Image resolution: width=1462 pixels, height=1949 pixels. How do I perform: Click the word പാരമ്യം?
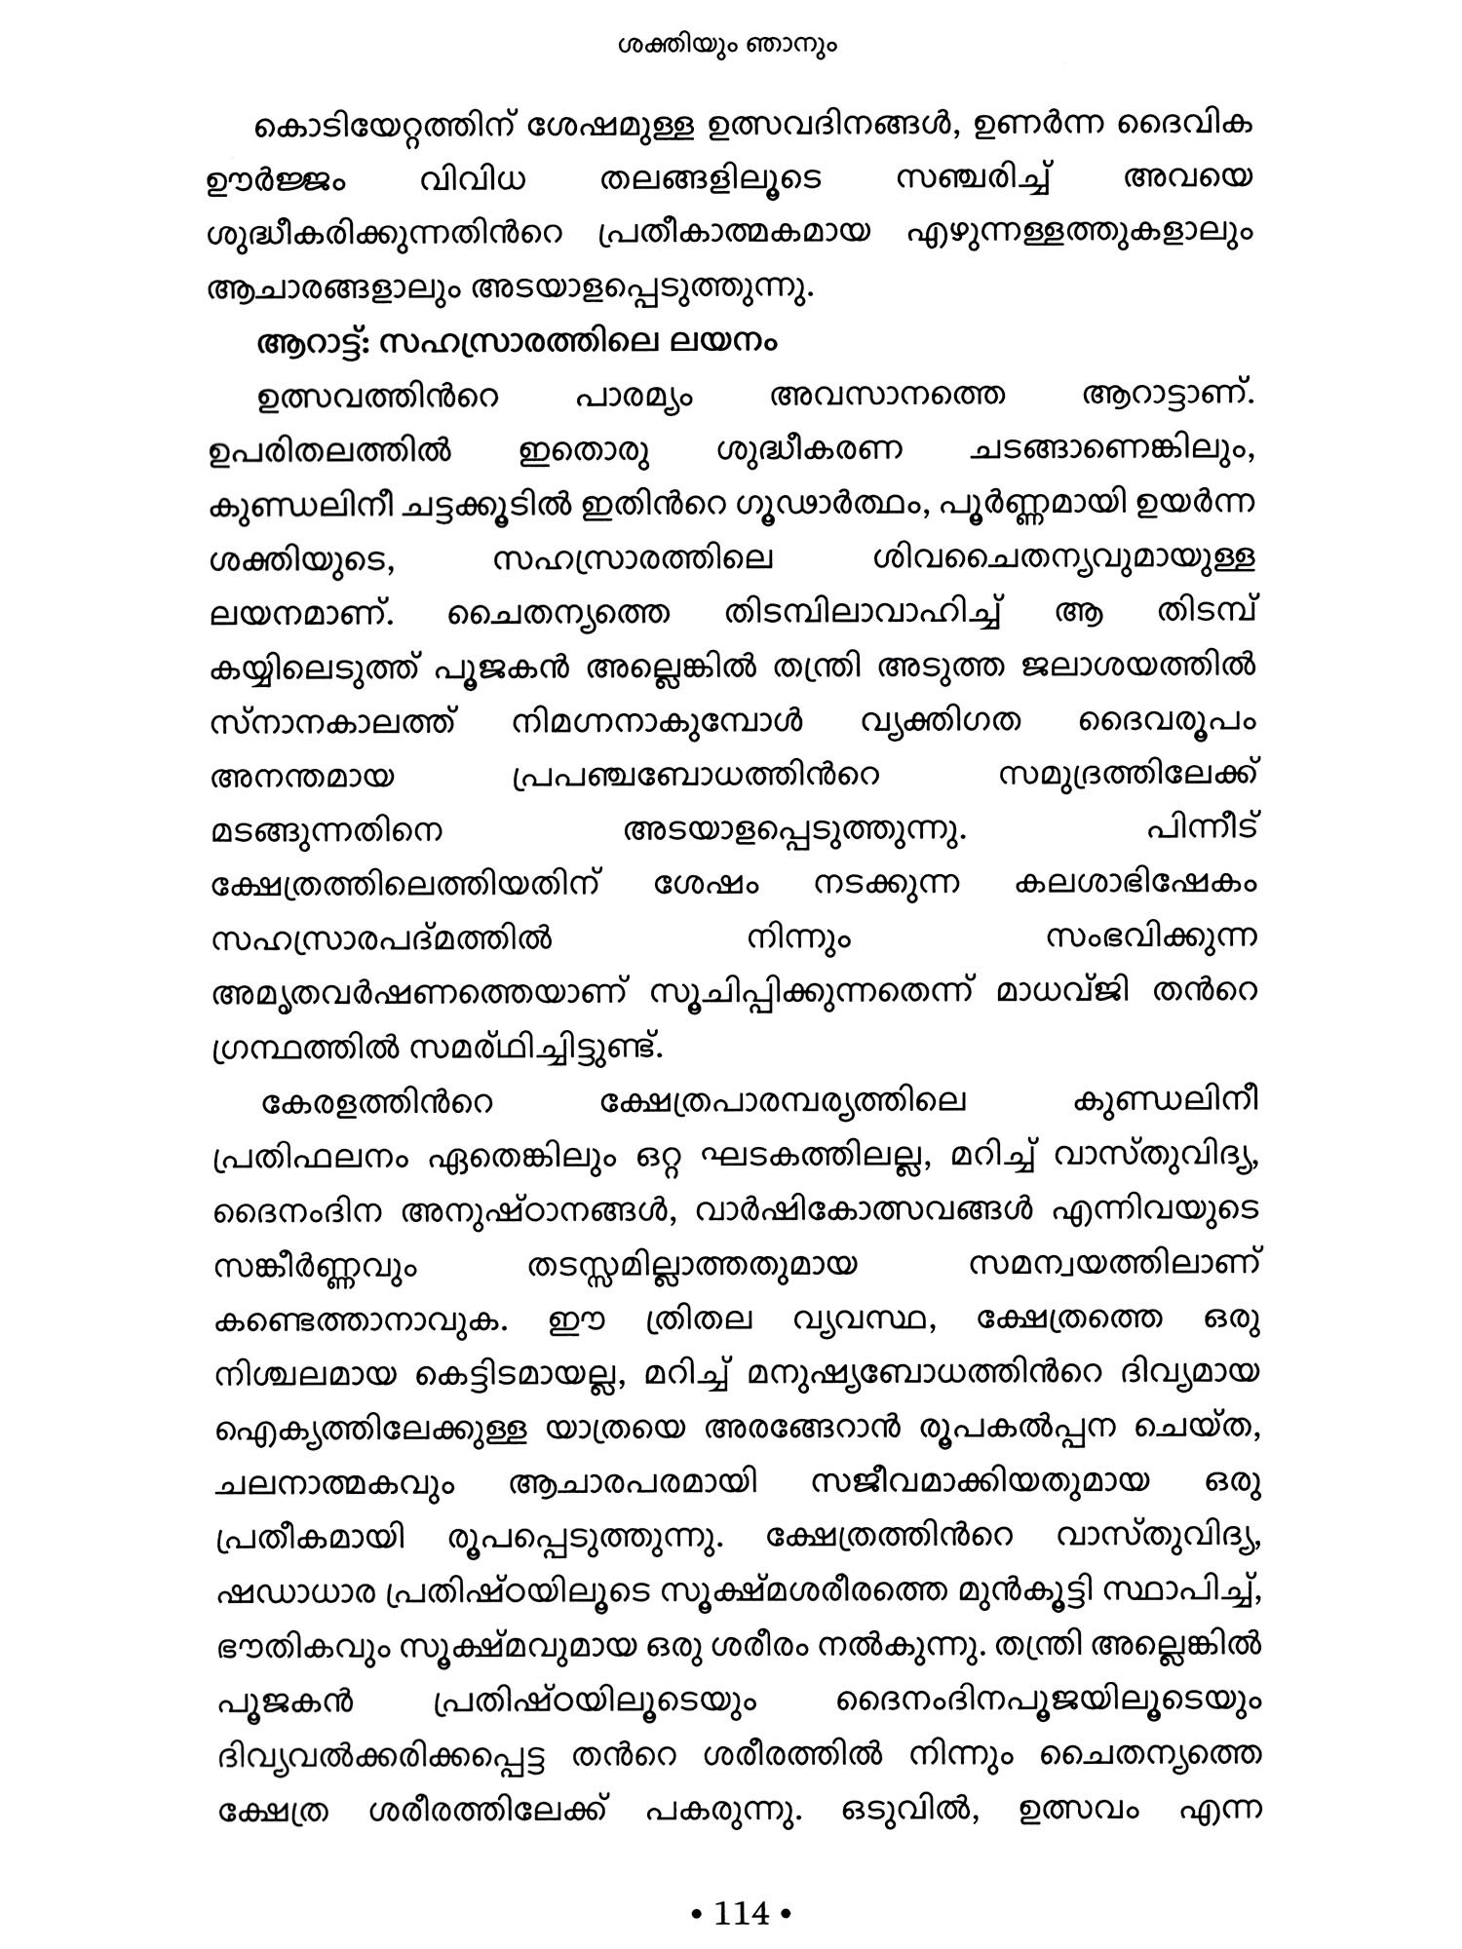tap(635, 399)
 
